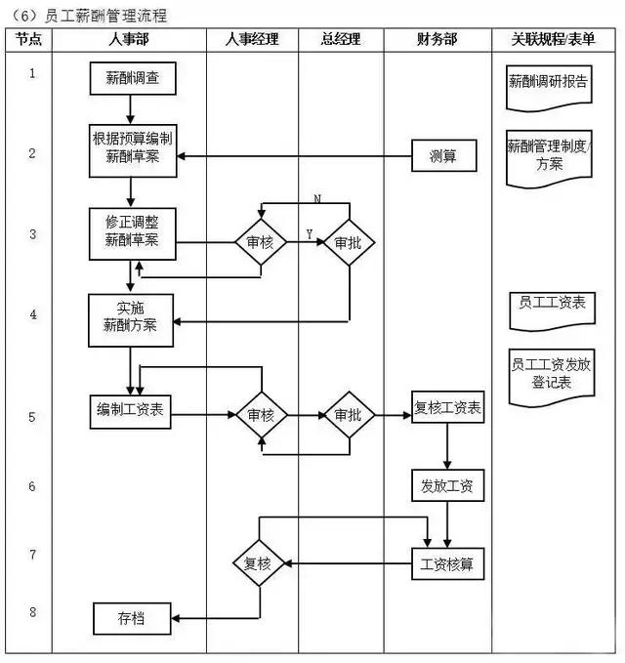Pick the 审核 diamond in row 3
(261, 241)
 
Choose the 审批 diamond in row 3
(349, 241)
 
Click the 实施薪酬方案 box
(130, 320)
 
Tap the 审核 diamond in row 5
(261, 415)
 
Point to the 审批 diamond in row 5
(349, 415)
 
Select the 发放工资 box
(447, 485)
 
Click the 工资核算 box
(447, 563)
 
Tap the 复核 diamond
(259, 563)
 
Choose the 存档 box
(132, 617)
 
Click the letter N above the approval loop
(317, 199)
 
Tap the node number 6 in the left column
(32, 486)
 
